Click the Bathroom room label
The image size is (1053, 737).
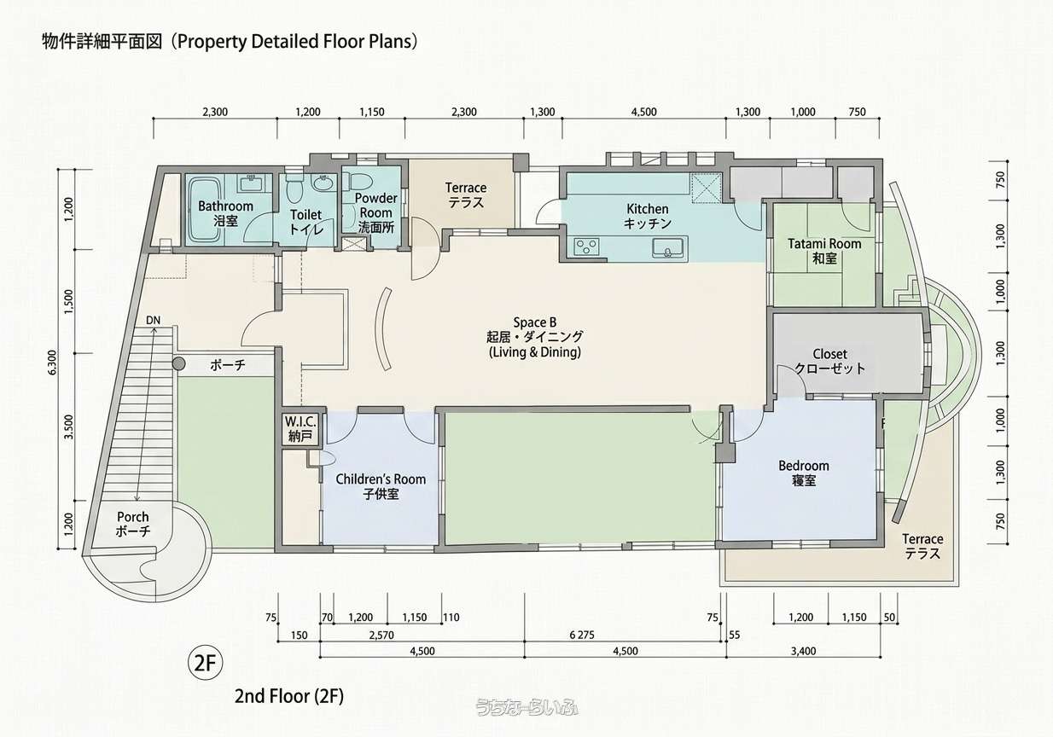[225, 213]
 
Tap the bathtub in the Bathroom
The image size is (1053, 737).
[205, 210]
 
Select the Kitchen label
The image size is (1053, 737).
[648, 216]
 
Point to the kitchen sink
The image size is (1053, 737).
[667, 247]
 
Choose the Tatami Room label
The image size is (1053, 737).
[824, 251]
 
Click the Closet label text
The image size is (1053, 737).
[829, 361]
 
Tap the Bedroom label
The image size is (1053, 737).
[804, 473]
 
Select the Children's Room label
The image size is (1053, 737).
[381, 486]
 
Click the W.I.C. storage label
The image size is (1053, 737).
[300, 429]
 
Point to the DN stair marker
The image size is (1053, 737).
[154, 321]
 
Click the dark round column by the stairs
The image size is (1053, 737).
[178, 363]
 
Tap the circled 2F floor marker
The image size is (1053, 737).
[206, 663]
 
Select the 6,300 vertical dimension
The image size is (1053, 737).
[52, 362]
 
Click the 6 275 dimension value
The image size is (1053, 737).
[582, 635]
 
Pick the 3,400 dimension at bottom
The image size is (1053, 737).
[803, 651]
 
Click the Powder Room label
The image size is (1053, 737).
[376, 213]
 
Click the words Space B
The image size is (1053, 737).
[535, 322]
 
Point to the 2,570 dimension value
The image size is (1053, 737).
[381, 635]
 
